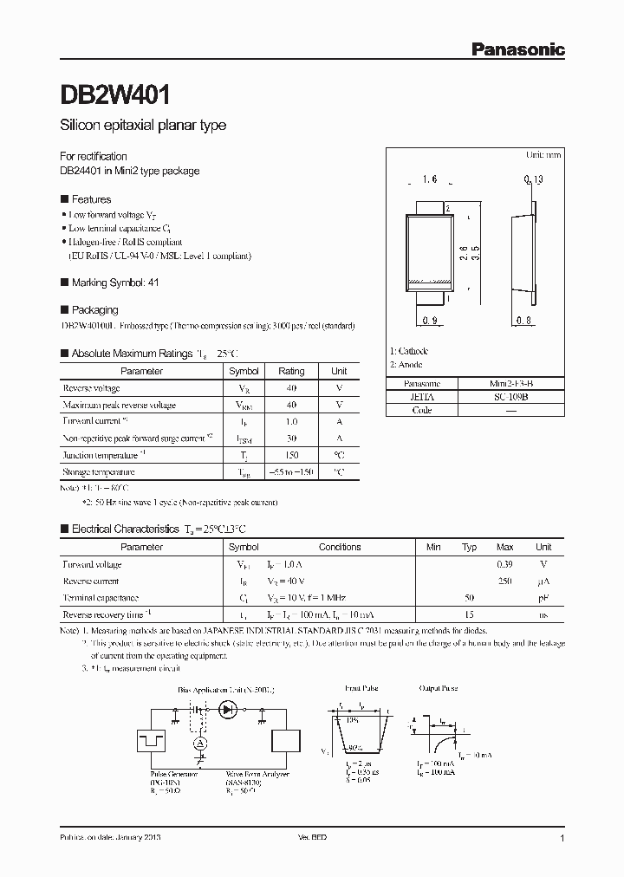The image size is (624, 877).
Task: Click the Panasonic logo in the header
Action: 517,50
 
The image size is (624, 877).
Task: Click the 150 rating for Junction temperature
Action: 291,455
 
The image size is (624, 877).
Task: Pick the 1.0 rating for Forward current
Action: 291,422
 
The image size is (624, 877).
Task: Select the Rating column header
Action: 291,371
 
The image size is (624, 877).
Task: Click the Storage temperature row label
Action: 99,472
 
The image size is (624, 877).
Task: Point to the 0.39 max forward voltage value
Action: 504,564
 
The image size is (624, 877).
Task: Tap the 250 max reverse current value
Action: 504,581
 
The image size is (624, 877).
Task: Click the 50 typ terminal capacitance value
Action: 469,598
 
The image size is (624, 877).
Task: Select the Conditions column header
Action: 340,547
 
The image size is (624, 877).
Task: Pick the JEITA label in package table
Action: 424,396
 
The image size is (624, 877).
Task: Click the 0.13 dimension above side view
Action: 533,180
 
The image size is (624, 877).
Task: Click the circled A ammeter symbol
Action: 200,744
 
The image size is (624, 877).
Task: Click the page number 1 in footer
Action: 562,839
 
